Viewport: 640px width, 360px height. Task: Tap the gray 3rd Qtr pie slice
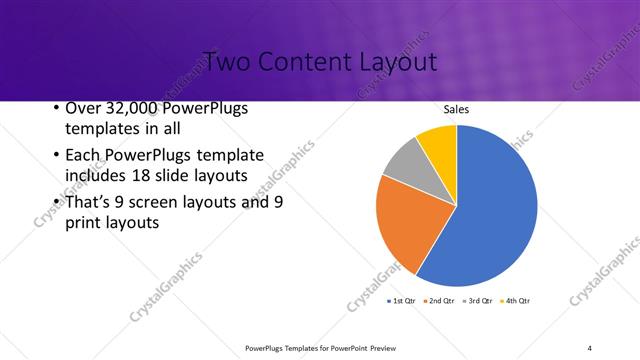click(x=406, y=162)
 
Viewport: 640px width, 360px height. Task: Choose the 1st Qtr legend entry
click(x=402, y=300)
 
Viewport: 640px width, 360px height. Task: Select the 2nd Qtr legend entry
click(x=439, y=300)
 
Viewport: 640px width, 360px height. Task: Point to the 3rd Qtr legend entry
click(x=476, y=300)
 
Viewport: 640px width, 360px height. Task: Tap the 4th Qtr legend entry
click(x=514, y=300)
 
